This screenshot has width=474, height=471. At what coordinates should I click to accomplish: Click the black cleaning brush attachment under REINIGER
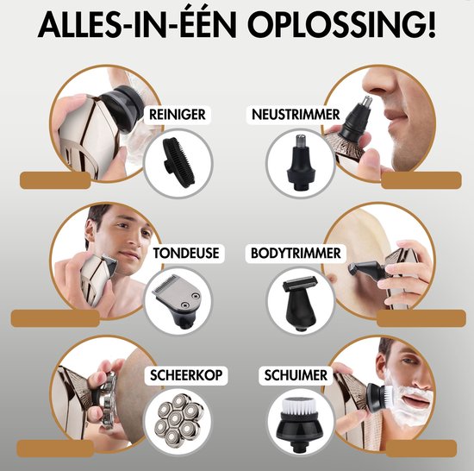coord(178,161)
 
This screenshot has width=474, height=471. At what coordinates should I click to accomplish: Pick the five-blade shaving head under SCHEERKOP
coord(179,421)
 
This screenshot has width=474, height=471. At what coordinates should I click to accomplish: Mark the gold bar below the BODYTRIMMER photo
coord(414,317)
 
